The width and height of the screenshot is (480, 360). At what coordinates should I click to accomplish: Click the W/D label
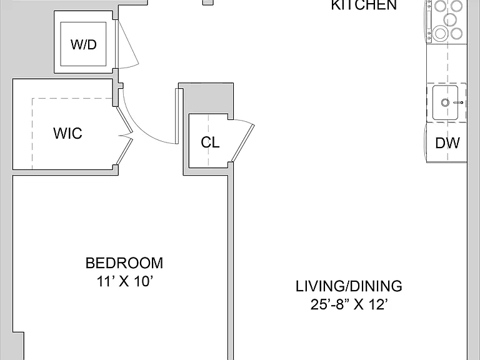point(84,45)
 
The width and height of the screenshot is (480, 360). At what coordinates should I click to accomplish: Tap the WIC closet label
point(67,133)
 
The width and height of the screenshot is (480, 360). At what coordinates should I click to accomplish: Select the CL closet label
point(210,142)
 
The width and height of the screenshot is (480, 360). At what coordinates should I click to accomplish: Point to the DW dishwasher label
point(447,143)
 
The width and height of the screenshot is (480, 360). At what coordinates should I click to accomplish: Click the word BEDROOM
point(124,263)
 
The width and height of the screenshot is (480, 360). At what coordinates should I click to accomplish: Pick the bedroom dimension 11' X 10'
point(124,281)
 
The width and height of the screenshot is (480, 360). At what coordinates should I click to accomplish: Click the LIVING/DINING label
point(349,286)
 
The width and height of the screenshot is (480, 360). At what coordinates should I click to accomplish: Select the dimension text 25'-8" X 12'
point(349,304)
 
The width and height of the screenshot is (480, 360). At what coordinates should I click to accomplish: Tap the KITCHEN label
point(364,5)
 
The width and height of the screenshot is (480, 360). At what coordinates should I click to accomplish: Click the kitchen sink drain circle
point(445,102)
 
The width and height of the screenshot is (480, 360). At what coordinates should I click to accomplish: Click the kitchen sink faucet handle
point(458,102)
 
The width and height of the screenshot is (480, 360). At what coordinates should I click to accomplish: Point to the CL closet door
point(243,142)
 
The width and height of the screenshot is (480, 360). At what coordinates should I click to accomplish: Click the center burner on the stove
point(450,19)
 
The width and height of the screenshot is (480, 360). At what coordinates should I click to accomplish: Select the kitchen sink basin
point(446,102)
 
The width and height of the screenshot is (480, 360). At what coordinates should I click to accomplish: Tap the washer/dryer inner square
point(83,44)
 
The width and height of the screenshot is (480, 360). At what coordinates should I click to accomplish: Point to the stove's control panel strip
point(429,21)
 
